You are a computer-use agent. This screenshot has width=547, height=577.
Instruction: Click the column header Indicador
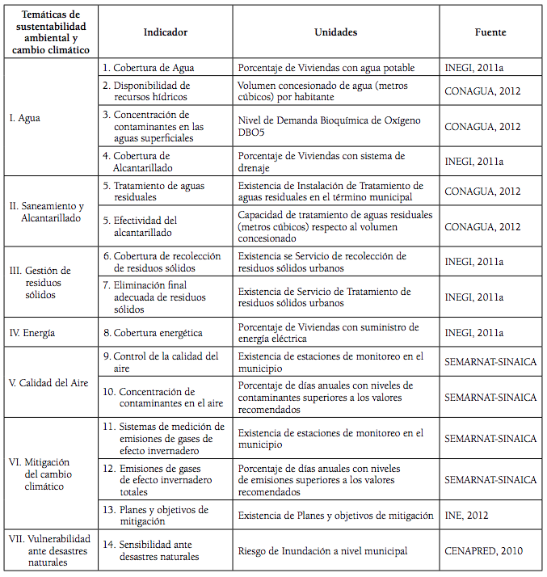pyautogui.click(x=165, y=32)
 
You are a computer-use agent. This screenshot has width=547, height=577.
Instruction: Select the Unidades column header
pyautogui.click(x=335, y=32)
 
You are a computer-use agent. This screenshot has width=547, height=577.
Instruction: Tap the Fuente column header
pyautogui.click(x=490, y=32)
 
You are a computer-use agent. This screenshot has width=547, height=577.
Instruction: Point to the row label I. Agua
pyautogui.click(x=25, y=118)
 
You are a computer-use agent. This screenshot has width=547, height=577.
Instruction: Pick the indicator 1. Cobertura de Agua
pyautogui.click(x=148, y=68)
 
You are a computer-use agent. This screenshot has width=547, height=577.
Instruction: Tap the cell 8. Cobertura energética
pyautogui.click(x=152, y=332)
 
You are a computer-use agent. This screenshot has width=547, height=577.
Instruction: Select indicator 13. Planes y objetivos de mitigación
pyautogui.click(x=160, y=515)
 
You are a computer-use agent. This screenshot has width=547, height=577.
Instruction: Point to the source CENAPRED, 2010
pyautogui.click(x=483, y=551)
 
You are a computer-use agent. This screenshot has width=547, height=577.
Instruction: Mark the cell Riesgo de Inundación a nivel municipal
pyautogui.click(x=322, y=551)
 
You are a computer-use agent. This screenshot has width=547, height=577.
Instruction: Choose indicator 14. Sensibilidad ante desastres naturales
pyautogui.click(x=155, y=551)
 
